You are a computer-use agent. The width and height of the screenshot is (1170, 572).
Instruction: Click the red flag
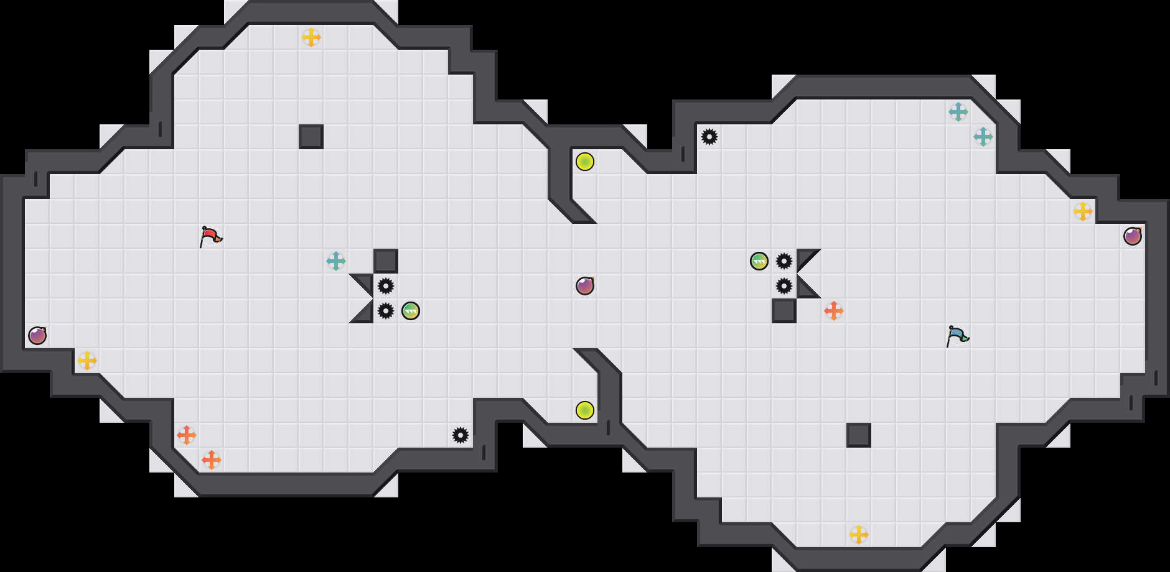(x=210, y=236)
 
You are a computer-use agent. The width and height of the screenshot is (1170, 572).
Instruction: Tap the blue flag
(x=957, y=336)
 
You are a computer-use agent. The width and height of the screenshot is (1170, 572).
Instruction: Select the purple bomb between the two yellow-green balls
(x=585, y=286)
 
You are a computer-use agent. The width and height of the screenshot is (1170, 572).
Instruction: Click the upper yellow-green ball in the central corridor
(x=585, y=162)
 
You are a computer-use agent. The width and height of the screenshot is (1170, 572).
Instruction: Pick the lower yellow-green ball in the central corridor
(x=585, y=410)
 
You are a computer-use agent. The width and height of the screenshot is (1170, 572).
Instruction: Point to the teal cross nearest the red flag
(x=336, y=261)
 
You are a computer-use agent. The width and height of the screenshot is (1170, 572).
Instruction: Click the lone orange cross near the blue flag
(x=834, y=311)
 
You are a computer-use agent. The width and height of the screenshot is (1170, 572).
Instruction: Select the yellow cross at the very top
(x=311, y=37)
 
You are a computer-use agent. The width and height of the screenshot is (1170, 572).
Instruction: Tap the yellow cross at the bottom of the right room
(x=859, y=535)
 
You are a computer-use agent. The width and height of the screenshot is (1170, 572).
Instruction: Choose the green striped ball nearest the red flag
(x=411, y=311)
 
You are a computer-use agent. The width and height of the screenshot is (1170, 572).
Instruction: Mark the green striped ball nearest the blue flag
(x=759, y=261)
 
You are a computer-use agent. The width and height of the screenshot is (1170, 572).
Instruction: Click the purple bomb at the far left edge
(x=37, y=336)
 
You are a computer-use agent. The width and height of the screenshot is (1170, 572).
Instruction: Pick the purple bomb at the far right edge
(x=1133, y=236)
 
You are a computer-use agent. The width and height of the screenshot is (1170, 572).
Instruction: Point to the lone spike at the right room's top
(x=709, y=137)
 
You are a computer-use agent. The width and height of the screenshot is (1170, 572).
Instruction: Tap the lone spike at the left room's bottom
(x=461, y=435)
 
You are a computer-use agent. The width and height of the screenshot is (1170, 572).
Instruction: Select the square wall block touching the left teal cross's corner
(x=386, y=261)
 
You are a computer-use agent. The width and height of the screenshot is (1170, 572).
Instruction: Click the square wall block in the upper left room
(x=311, y=137)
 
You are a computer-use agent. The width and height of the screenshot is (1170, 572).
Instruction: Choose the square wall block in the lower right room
(x=859, y=435)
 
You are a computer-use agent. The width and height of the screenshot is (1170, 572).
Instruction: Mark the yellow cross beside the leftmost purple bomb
(x=87, y=361)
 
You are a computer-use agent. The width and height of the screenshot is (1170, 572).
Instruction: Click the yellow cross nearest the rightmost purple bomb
(x=1083, y=211)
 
